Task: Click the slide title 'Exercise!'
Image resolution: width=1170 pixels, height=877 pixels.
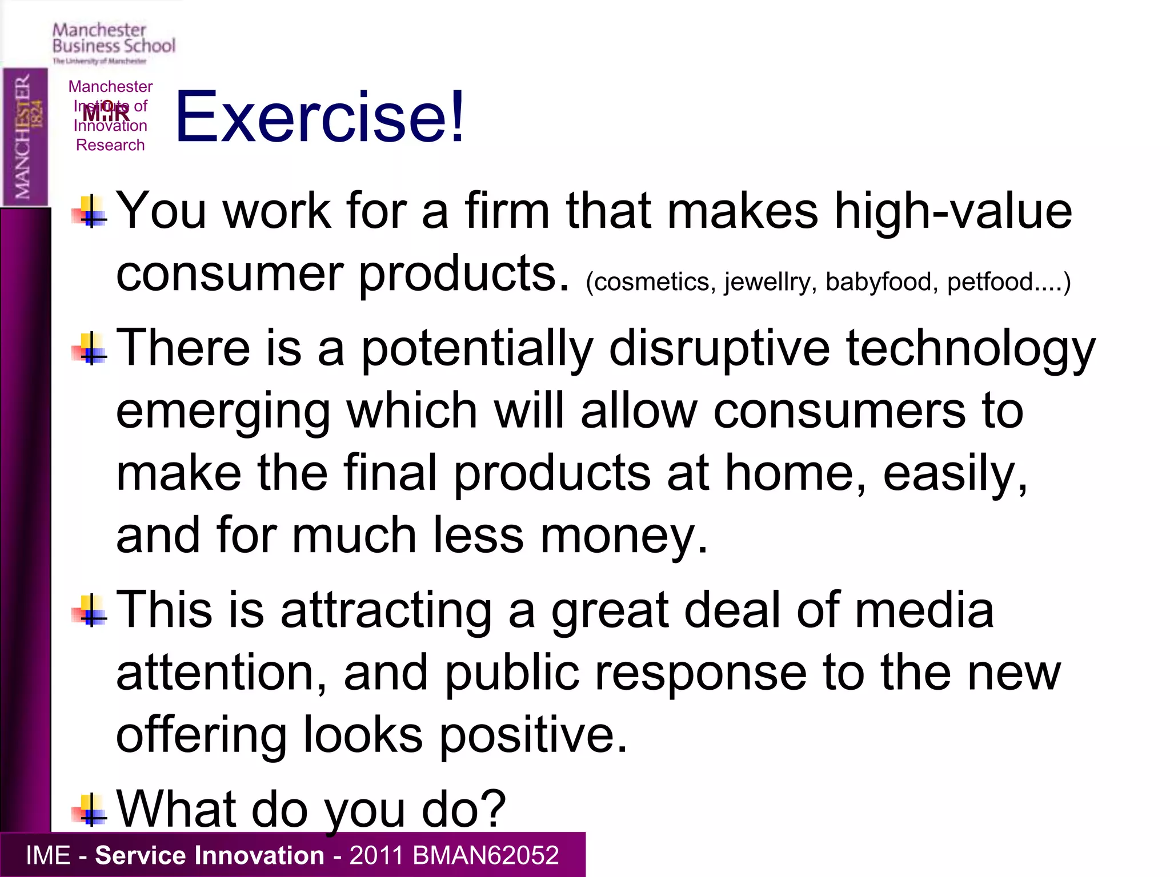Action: click(320, 117)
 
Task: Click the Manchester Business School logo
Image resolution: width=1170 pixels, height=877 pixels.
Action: click(113, 43)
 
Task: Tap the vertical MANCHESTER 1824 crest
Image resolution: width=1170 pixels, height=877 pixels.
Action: click(25, 137)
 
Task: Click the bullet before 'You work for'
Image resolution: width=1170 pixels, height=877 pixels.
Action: click(90, 212)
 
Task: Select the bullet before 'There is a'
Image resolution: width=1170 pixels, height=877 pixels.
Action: click(90, 349)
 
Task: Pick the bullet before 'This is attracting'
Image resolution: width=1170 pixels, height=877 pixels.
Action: click(90, 612)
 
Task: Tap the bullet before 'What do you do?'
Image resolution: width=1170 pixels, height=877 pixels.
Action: click(90, 811)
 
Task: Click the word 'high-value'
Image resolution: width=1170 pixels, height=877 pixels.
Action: click(953, 211)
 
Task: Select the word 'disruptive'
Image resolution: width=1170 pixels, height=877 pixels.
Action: click(719, 348)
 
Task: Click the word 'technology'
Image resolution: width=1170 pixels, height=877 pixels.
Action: click(970, 349)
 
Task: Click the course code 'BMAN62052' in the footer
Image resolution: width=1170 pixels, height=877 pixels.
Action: click(485, 855)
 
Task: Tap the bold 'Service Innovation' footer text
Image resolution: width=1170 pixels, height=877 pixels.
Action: click(209, 855)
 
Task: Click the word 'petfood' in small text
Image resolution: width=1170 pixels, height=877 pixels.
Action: click(989, 282)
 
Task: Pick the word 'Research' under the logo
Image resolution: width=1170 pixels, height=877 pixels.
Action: click(110, 145)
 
